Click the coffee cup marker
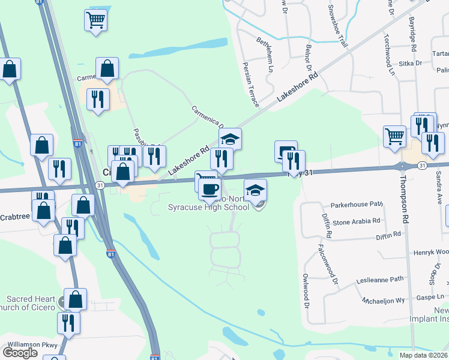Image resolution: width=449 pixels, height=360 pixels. tap(209, 188)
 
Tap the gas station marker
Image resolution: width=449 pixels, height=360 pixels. tap(285, 150)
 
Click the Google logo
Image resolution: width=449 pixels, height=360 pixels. tap(20, 352)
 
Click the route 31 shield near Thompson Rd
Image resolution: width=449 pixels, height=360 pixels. tap(423, 166)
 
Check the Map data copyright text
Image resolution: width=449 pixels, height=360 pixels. tap(424, 355)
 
